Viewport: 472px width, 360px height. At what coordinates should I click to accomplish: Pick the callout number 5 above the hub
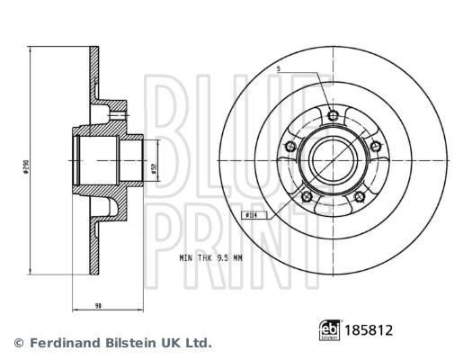tap(280, 68)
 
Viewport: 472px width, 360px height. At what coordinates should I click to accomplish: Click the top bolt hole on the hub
tap(334, 115)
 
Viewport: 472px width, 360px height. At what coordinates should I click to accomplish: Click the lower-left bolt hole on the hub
tap(307, 197)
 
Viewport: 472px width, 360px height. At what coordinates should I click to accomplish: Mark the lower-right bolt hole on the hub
tap(360, 197)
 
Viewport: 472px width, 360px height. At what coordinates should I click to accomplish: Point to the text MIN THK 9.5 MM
tap(211, 257)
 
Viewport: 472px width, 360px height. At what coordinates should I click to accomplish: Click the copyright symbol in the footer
tap(18, 343)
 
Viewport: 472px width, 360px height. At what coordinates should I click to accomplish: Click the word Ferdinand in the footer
tap(64, 343)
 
